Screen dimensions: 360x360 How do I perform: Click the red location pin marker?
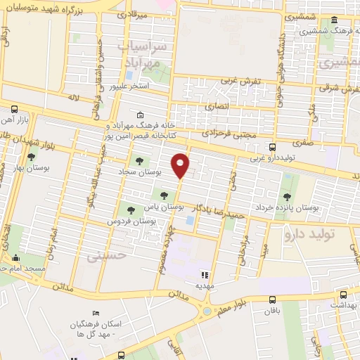pyautogui.click(x=181, y=163)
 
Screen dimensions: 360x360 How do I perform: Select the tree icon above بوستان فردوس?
pyautogui.click(x=129, y=208)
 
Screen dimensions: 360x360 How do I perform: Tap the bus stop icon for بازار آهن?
pyautogui.click(x=14, y=109)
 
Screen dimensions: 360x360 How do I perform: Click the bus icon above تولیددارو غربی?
pyautogui.click(x=272, y=147)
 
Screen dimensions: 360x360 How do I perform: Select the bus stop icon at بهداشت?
pyautogui.click(x=343, y=295)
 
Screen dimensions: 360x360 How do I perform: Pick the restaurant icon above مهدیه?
pyautogui.click(x=205, y=276)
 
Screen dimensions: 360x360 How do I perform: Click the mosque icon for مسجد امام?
pyautogui.click(x=15, y=258)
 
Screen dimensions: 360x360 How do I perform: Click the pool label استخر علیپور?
pyautogui.click(x=129, y=86)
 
